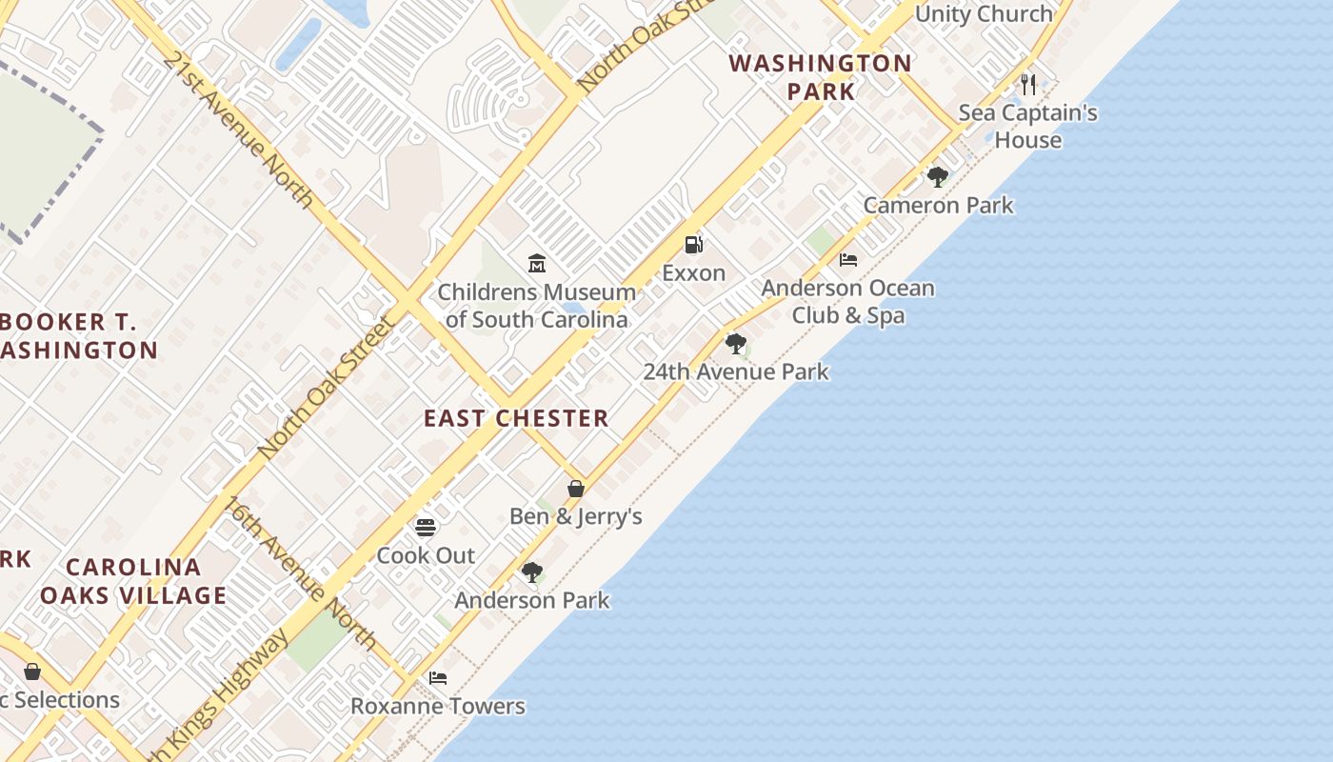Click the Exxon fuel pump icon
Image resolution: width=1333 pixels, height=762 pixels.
(x=694, y=245)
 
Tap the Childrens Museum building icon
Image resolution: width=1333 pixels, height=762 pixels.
(x=537, y=263)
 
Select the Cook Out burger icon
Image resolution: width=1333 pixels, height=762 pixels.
(x=426, y=527)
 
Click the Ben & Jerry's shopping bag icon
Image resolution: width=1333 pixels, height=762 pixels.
(x=576, y=489)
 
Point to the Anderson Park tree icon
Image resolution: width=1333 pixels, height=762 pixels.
(x=532, y=572)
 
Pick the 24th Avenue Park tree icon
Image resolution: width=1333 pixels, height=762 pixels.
(x=735, y=344)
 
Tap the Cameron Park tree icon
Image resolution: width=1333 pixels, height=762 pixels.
(x=937, y=177)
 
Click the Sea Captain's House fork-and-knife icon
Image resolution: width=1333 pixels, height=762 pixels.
(x=1028, y=85)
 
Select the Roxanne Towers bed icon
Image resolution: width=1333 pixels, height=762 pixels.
(x=438, y=678)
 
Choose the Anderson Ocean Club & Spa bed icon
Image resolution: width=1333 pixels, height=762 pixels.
(x=848, y=260)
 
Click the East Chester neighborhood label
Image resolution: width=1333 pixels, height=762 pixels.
(x=516, y=418)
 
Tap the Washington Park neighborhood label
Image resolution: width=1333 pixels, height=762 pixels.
(x=820, y=77)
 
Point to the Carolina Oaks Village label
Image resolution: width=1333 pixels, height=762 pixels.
(x=133, y=581)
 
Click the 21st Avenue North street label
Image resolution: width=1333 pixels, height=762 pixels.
(x=237, y=129)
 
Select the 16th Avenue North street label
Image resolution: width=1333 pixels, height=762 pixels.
(x=301, y=571)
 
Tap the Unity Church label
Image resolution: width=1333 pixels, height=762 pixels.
(x=984, y=14)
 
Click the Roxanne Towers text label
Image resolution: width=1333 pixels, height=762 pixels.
(x=438, y=706)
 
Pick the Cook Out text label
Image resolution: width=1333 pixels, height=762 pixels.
(x=426, y=555)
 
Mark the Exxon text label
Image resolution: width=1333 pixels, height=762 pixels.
(x=694, y=273)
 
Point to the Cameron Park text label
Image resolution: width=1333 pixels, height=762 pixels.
(x=939, y=206)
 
